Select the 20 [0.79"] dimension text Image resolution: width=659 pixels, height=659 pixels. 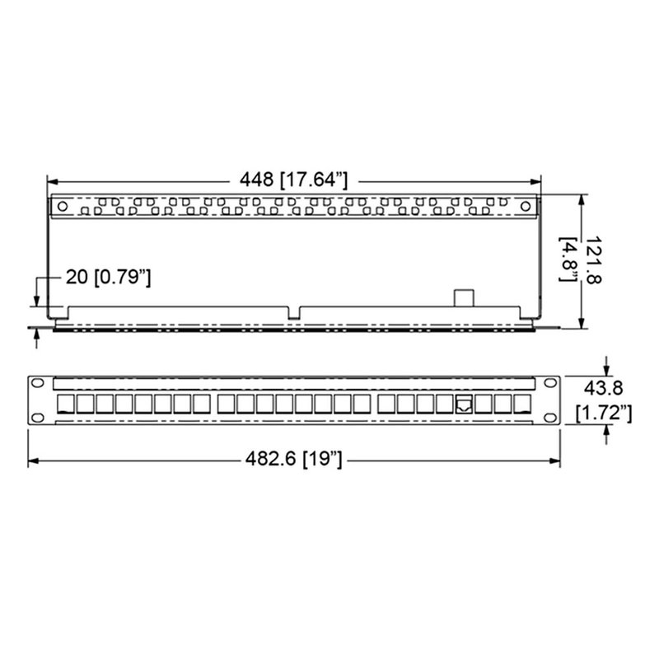click(108, 278)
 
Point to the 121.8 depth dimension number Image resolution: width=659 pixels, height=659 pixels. click(591, 262)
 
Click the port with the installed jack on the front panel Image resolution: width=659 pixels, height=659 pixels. click(465, 404)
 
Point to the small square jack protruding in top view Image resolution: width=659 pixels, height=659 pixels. click(464, 297)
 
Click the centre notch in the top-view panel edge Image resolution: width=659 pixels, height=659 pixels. click(295, 313)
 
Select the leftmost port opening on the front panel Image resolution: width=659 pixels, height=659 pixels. click(65, 404)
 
